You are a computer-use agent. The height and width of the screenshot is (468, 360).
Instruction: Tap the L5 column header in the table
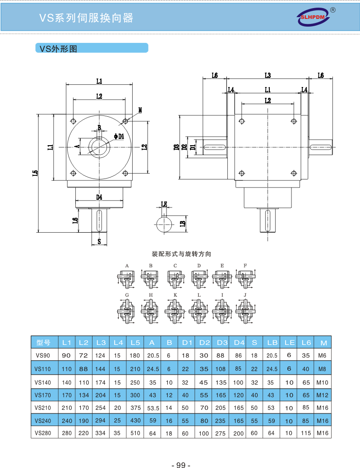(135, 343)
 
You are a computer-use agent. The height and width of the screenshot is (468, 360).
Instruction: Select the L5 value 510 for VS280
(135, 433)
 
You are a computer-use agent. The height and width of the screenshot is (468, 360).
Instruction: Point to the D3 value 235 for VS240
(221, 421)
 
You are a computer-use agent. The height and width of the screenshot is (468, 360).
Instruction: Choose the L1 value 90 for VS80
(66, 356)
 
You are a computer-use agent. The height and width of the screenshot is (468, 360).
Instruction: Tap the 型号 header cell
(44, 343)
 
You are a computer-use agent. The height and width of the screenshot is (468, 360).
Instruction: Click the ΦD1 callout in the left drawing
(120, 136)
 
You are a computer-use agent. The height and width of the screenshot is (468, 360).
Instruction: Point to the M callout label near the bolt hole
(140, 110)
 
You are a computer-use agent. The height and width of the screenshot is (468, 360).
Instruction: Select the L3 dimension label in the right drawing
(268, 75)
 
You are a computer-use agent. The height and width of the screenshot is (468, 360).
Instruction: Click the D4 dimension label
(99, 197)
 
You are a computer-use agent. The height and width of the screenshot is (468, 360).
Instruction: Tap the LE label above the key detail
(164, 204)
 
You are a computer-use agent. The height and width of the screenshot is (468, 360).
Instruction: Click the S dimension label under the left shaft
(99, 242)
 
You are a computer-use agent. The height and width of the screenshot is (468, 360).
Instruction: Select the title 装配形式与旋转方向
(181, 254)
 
